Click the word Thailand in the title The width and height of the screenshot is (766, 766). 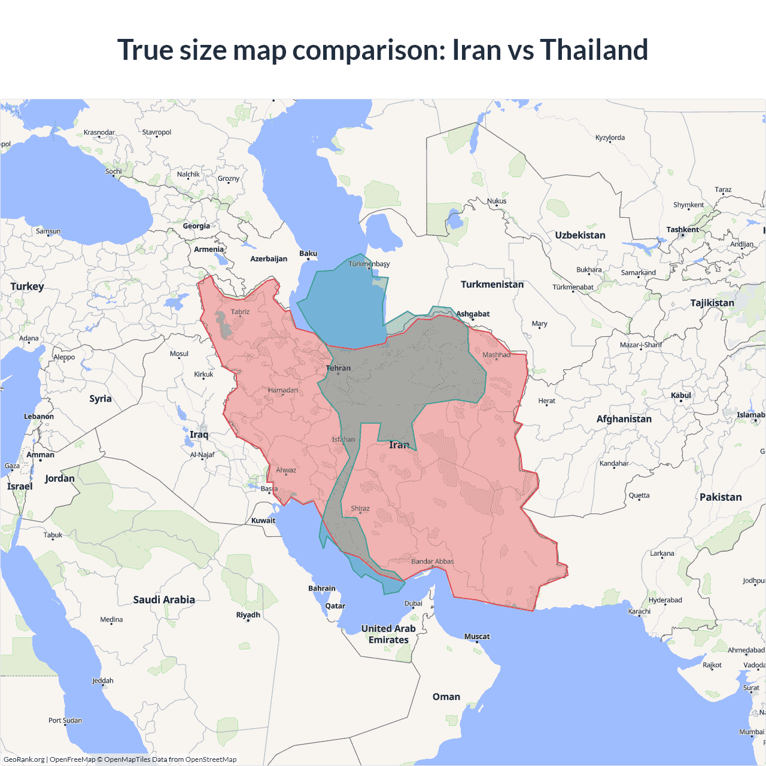(594, 50)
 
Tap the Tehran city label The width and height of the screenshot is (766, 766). (338, 368)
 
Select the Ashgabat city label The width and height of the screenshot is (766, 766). (473, 314)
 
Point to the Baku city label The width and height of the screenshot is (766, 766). (308, 253)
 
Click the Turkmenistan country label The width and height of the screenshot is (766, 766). (492, 284)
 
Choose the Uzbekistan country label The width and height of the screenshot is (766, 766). (580, 235)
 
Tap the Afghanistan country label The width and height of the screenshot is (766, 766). (624, 419)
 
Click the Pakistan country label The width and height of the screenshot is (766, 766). (721, 497)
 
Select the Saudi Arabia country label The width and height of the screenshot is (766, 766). (164, 600)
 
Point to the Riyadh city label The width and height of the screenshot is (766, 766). (248, 615)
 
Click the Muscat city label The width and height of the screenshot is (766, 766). (477, 636)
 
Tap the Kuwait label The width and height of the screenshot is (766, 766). (263, 520)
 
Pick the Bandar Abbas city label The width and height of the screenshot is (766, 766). (433, 561)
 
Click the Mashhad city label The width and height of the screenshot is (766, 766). (497, 355)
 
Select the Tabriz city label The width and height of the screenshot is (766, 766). (240, 312)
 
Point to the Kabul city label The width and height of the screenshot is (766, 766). (681, 395)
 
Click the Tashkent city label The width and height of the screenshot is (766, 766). (682, 230)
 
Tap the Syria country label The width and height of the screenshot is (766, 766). (101, 399)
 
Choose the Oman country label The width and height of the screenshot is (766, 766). (446, 697)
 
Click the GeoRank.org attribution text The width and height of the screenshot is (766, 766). (24, 759)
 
